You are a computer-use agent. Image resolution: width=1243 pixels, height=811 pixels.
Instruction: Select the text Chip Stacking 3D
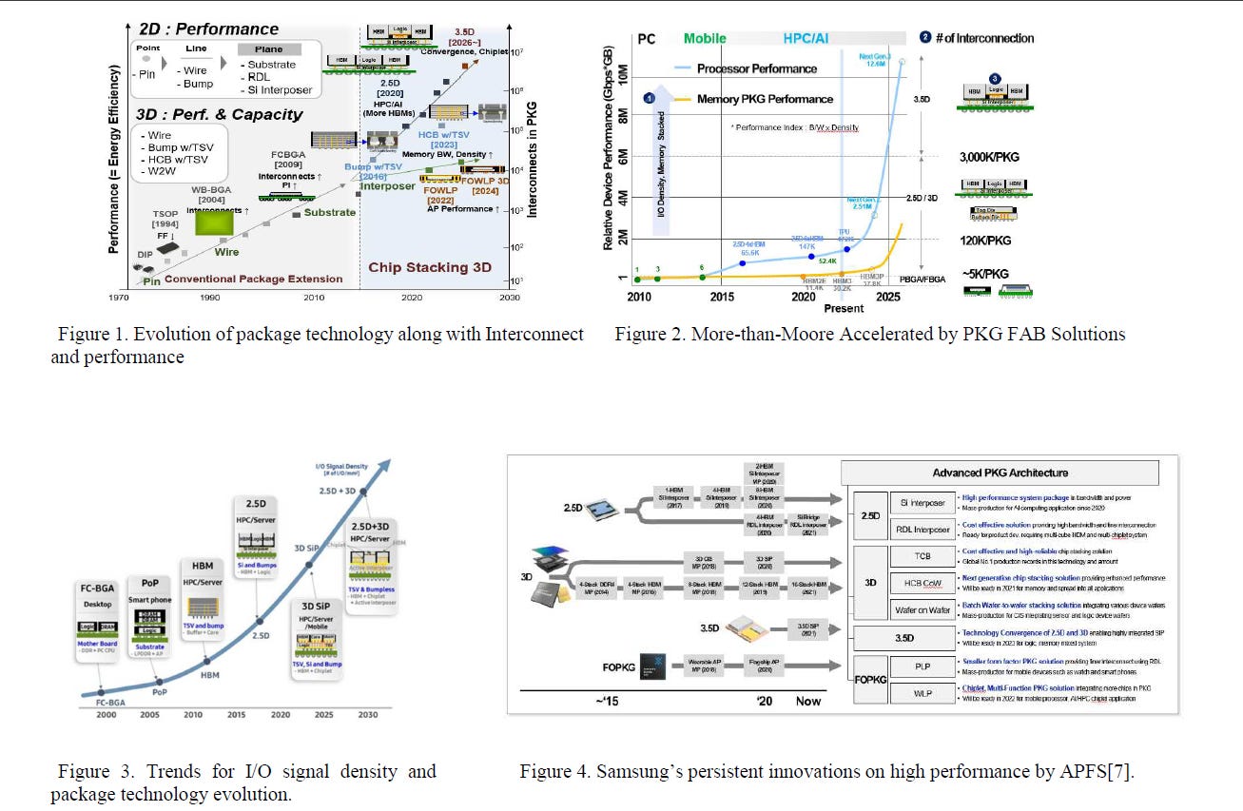coord(430,267)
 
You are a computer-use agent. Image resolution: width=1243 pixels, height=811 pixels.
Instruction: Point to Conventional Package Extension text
coord(253,279)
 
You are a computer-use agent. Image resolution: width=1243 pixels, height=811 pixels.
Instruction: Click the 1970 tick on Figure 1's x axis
coord(121,298)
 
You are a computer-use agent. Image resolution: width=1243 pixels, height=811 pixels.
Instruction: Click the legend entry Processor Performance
coord(757,68)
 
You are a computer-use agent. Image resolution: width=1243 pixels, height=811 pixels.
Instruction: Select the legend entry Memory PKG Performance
coord(765,99)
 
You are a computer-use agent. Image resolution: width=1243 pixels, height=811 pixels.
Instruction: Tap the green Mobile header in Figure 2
coord(705,39)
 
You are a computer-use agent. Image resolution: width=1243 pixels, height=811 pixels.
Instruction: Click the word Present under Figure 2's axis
coord(844,308)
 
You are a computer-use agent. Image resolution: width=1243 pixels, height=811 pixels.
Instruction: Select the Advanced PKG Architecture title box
coord(1000,473)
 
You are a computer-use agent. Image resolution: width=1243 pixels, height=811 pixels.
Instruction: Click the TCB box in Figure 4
coord(922,556)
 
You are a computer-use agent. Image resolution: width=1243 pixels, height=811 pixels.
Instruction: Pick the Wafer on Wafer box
coord(922,610)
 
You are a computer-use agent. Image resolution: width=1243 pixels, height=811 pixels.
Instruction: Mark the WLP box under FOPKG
coord(922,693)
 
